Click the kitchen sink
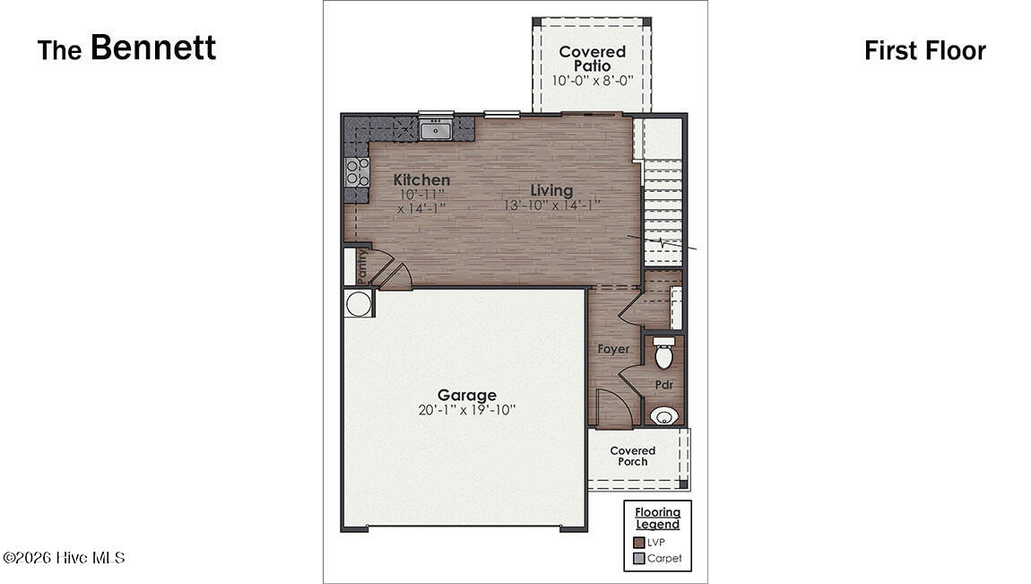[x=436, y=131]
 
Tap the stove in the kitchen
[x=357, y=172]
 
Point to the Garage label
[x=466, y=395]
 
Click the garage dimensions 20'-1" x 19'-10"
[x=466, y=411]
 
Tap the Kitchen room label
[x=421, y=180]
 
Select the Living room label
[x=551, y=190]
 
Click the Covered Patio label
[x=592, y=58]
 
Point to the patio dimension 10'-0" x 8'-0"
[x=592, y=81]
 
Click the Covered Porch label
[x=633, y=456]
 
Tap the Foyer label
[x=613, y=349]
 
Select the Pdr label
[x=663, y=385]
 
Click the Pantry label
[x=362, y=266]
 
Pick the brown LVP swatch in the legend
[x=638, y=542]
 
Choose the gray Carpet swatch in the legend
[x=638, y=558]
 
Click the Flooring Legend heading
[x=658, y=519]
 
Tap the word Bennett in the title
[x=153, y=48]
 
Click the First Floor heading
[x=924, y=51]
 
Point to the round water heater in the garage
[x=359, y=304]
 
